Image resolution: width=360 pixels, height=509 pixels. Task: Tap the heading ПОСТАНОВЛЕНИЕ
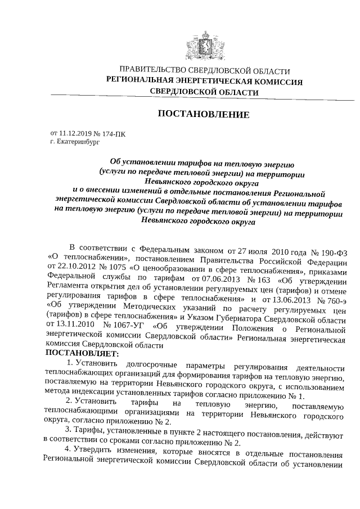click(x=203, y=115)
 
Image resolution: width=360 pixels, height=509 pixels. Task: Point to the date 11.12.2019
click(x=76, y=134)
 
